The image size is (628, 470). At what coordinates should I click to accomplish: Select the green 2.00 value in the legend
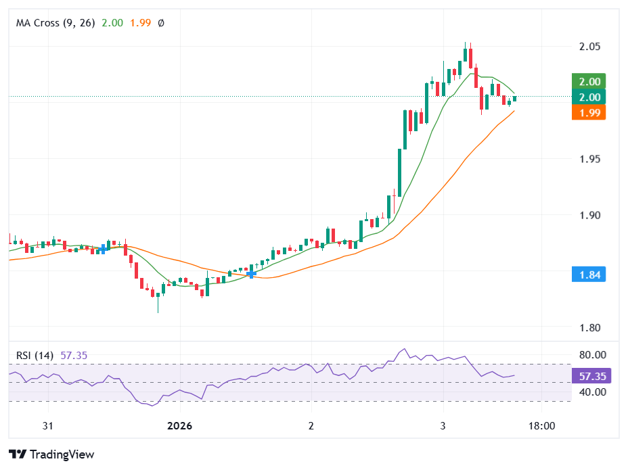click(x=112, y=23)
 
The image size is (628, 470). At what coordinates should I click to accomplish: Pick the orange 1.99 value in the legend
click(x=140, y=23)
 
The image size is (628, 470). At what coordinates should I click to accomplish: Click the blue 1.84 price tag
click(x=588, y=275)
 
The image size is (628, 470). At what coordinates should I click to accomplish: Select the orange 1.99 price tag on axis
click(x=588, y=112)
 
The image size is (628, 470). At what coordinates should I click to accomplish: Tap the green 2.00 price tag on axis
click(x=588, y=82)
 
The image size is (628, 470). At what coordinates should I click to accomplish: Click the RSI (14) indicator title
click(x=35, y=355)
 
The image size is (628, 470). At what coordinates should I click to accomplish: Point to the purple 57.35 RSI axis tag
click(x=591, y=376)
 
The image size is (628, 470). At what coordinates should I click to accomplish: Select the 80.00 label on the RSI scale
click(x=591, y=354)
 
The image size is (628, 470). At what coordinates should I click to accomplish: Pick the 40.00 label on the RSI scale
click(x=591, y=392)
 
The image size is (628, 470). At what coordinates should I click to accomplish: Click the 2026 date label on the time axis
click(x=180, y=426)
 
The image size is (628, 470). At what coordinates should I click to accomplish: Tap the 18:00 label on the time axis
click(x=541, y=426)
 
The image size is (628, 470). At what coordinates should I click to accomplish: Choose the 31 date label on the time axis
click(x=47, y=426)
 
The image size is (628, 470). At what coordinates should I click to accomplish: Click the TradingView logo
click(x=51, y=454)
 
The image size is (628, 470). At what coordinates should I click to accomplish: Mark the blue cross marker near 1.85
click(x=251, y=274)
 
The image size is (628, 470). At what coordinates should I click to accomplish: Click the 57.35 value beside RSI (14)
click(x=74, y=355)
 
